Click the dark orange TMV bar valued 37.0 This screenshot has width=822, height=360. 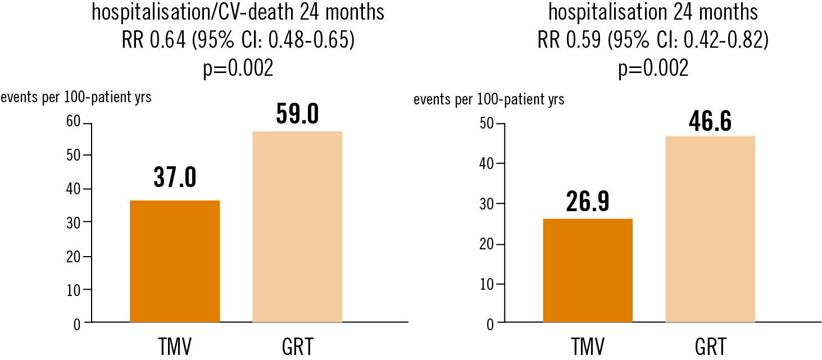coord(174,261)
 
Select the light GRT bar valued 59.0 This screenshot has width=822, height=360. coord(297,227)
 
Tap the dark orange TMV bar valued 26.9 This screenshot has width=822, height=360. coord(588,270)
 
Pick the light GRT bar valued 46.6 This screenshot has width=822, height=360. coord(710,229)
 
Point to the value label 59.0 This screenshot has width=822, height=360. coord(297,113)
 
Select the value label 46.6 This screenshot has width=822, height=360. coord(710,122)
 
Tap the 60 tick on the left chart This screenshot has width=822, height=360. coord(74,122)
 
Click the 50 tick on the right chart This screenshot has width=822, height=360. coord(487,124)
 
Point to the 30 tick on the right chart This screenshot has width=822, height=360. coord(487,204)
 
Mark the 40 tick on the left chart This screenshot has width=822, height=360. coord(74,189)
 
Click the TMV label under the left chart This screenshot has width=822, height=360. coord(174,347)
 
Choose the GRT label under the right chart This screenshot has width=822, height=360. coord(710,347)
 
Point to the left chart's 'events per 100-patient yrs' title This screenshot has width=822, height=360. coord(76,97)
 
